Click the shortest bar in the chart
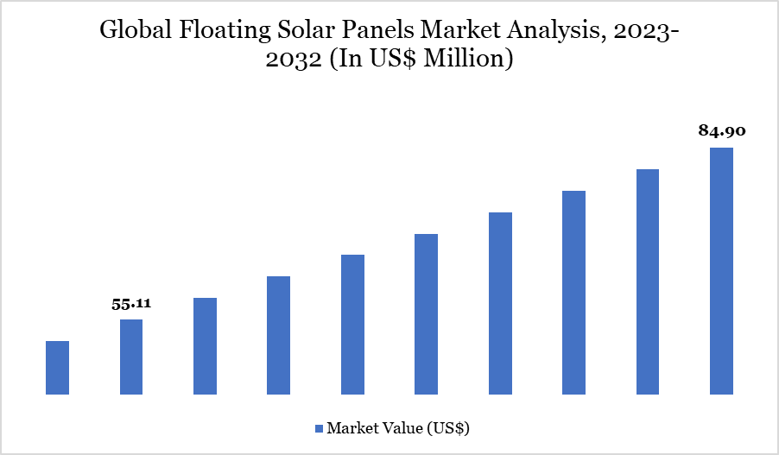(x=57, y=368)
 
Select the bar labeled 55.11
(x=131, y=357)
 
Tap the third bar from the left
(x=205, y=346)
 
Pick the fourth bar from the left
(x=278, y=336)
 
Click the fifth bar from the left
(x=352, y=325)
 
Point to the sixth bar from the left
(x=426, y=314)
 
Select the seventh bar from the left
(x=500, y=304)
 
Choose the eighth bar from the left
(x=573, y=293)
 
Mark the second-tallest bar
(x=648, y=282)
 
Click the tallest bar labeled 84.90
(x=721, y=271)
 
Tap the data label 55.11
(x=131, y=304)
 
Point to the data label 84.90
(x=721, y=132)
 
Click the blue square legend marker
(x=318, y=428)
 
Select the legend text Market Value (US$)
(x=398, y=428)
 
